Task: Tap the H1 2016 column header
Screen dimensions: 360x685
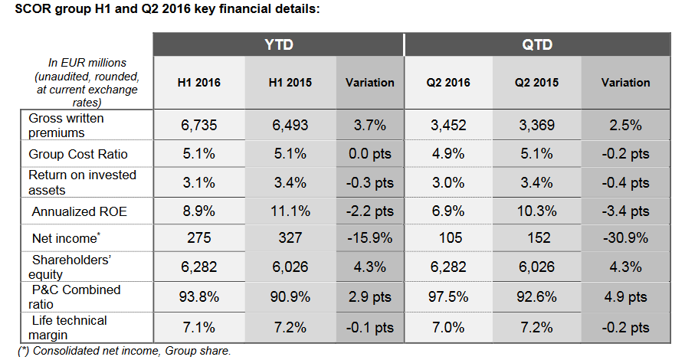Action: [x=198, y=83]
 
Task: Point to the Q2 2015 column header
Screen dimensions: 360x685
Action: [x=536, y=83]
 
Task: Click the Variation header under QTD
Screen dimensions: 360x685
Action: [x=625, y=83]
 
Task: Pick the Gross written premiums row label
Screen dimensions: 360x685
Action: [x=66, y=126]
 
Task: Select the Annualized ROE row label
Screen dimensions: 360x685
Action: [x=77, y=211]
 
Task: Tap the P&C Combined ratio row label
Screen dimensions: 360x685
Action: [x=76, y=297]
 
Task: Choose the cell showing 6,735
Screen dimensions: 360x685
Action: [x=199, y=126]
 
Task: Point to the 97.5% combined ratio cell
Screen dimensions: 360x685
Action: [x=448, y=297]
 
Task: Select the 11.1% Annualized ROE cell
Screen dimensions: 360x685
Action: [x=290, y=211]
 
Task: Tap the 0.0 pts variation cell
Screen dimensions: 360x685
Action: [x=370, y=154]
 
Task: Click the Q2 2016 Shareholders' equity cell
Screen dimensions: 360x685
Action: [x=448, y=268]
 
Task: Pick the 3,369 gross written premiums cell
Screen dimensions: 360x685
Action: [x=536, y=126]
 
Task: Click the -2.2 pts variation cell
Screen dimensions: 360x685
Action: [x=370, y=211]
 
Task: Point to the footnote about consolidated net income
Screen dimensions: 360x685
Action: [x=126, y=351]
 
